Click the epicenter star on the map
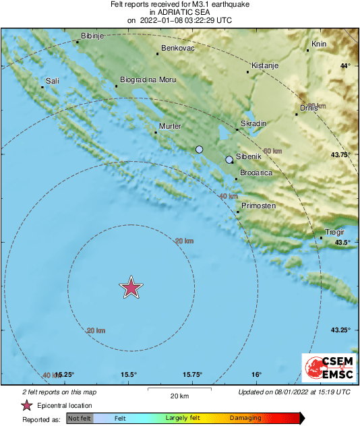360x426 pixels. [131, 288]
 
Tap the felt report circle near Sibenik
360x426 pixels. [229, 160]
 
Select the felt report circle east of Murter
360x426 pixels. [199, 149]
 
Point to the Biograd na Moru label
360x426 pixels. [148, 80]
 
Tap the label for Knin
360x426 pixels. [319, 45]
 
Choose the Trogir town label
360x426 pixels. [335, 233]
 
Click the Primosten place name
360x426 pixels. [258, 206]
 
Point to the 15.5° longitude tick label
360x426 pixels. [129, 375]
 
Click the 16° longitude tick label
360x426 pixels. [257, 375]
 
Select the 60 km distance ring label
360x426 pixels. [272, 150]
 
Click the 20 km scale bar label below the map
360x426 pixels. [179, 395]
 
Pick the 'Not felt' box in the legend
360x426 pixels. [79, 418]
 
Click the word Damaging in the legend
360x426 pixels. [245, 418]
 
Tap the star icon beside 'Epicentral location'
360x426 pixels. [27, 406]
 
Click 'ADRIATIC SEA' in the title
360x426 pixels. [179, 12]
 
